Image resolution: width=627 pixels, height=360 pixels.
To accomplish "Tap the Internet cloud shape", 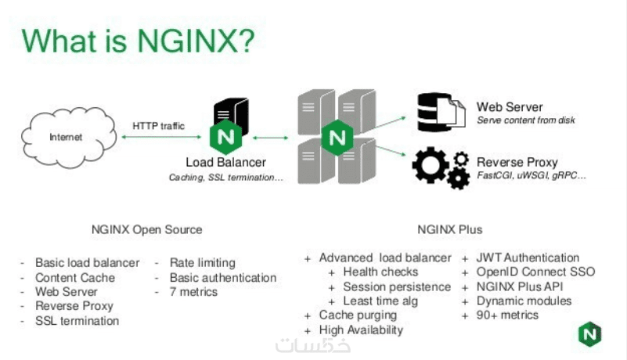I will (x=66, y=138).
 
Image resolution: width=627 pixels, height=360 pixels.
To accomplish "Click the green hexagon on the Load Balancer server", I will (x=225, y=137).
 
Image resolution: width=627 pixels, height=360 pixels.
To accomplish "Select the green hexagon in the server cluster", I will (x=338, y=138).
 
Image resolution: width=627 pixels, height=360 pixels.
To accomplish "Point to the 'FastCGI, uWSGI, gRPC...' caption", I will (x=532, y=175).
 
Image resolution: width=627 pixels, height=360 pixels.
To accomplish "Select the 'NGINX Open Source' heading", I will (x=146, y=229).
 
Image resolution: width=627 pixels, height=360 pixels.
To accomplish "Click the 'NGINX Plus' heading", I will (x=450, y=229).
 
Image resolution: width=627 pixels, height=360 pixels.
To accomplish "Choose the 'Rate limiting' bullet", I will (x=202, y=263).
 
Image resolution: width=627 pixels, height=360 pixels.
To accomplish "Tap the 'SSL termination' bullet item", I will (x=77, y=321).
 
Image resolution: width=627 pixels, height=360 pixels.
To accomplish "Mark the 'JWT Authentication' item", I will (x=528, y=257).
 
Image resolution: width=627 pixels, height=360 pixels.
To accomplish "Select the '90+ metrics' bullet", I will (x=507, y=315).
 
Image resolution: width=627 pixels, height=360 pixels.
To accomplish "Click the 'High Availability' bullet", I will (x=361, y=329).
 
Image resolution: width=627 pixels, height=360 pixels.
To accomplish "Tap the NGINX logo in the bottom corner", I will (x=589, y=334).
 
